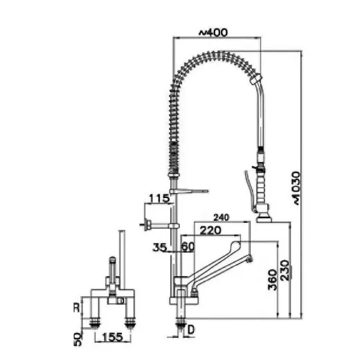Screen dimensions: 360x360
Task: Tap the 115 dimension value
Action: coord(160,199)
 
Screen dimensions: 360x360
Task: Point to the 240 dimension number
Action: coord(224,216)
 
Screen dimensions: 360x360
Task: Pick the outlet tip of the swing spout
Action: coord(251,260)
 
